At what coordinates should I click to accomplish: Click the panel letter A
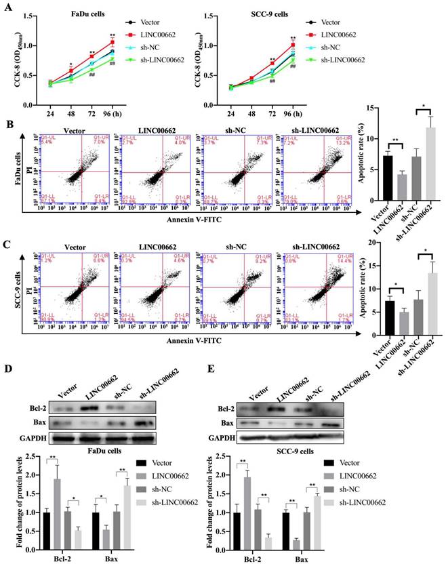point(8,7)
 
